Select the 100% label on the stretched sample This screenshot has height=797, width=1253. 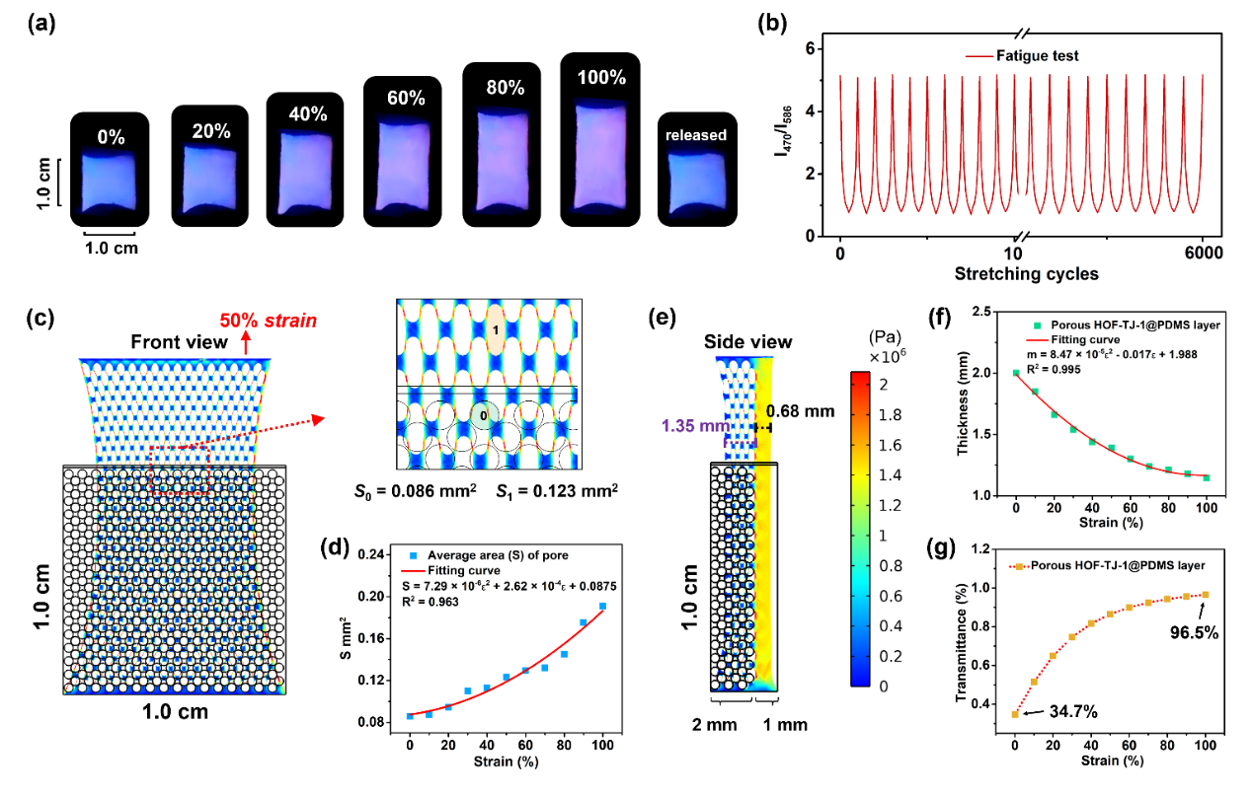pos(600,74)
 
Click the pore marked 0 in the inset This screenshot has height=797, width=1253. pos(483,415)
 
